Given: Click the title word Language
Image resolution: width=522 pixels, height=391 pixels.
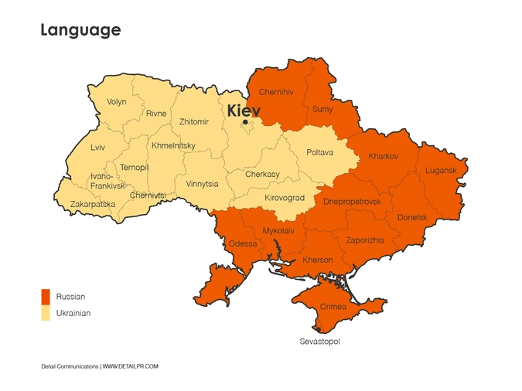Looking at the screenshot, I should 80,30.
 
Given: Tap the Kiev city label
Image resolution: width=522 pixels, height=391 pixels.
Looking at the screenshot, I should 244,111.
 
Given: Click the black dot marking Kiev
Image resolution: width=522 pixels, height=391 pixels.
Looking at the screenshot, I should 245,122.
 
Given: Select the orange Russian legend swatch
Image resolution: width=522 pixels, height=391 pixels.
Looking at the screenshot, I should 46,297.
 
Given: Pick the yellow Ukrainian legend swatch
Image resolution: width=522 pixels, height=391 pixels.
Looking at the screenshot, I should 46,313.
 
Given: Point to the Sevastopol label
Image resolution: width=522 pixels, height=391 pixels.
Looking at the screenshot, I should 319,341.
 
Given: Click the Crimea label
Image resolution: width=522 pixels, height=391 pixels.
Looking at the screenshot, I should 333,307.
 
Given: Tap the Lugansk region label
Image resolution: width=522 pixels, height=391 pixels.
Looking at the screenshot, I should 441,170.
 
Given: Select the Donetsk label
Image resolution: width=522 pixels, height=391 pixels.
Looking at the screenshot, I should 412,217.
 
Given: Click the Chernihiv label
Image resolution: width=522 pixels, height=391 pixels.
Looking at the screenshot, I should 276,92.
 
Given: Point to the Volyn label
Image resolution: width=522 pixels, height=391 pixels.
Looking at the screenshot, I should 117,102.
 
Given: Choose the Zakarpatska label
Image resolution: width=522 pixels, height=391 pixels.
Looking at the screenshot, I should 93,205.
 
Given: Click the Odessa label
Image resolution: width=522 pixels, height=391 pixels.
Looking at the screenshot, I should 243,243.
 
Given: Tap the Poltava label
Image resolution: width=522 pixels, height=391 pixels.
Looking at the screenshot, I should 319,152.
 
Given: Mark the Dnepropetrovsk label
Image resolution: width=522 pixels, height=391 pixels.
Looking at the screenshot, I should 352,202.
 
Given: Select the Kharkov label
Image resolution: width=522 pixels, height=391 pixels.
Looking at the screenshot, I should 384,156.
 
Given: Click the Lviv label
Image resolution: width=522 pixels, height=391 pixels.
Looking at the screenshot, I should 97,147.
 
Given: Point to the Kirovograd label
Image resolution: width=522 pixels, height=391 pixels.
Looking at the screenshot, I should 285,198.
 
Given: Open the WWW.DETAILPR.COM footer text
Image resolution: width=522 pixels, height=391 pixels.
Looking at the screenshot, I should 131,366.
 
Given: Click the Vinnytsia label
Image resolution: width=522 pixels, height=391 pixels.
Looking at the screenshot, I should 202,184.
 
